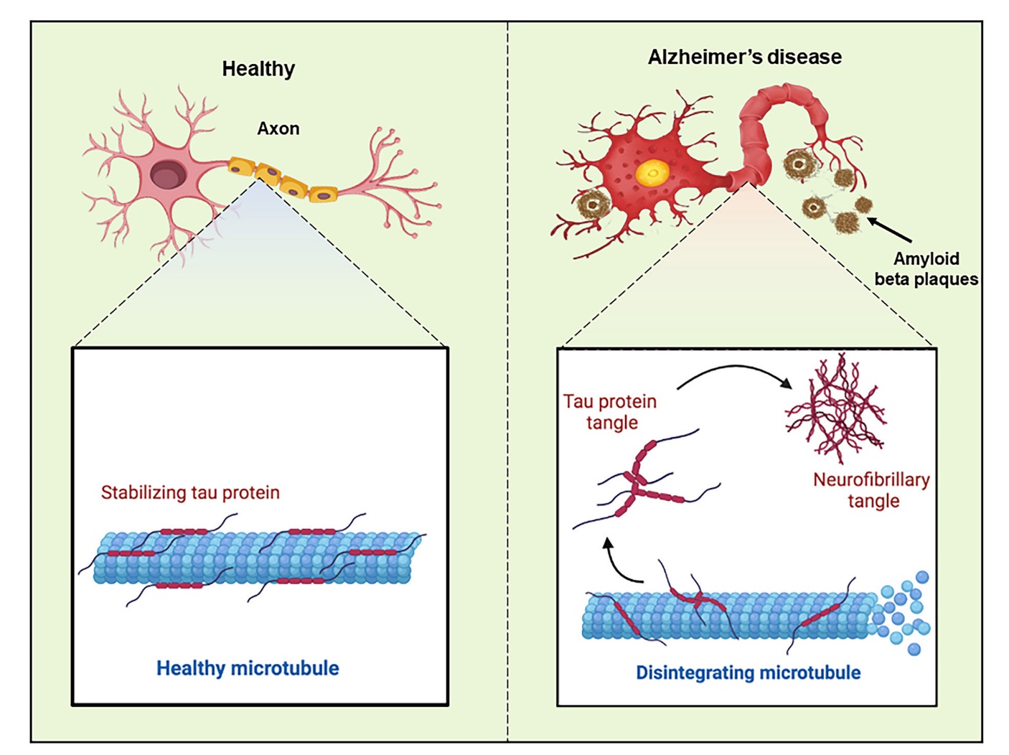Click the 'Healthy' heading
tap(258, 69)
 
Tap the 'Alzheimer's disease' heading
tap(745, 57)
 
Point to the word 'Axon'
tap(278, 129)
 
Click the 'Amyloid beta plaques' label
tap(926, 269)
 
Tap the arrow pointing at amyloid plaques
tap(890, 230)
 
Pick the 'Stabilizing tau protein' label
tap(190, 493)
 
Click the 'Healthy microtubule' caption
tap(248, 668)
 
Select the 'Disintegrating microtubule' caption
tap(748, 673)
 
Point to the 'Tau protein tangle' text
tap(611, 412)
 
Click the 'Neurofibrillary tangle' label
tap(872, 490)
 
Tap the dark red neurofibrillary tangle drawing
tap(836, 409)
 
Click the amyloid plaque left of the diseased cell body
tap(592, 205)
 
